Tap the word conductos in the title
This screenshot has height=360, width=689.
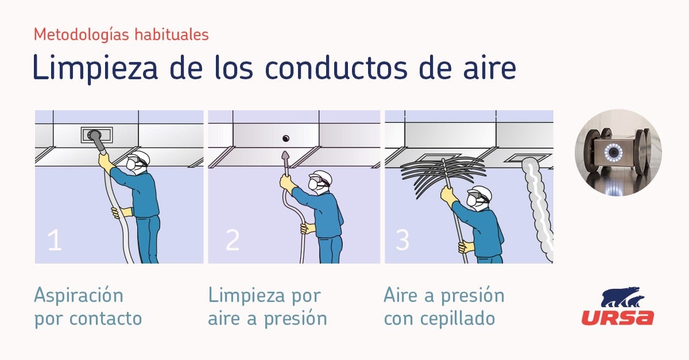336,67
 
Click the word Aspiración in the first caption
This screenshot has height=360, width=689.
79,295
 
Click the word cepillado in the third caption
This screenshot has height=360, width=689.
458,319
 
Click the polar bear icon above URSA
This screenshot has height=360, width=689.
623,297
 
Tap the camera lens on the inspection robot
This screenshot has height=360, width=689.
614,152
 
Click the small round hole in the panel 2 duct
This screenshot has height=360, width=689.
286,138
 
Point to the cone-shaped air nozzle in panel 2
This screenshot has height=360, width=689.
286,157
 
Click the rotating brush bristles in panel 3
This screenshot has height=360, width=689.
442,176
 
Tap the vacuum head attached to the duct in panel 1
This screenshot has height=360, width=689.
95,136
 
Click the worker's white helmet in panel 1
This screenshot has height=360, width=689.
140,156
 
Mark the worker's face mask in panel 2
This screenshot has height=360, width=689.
313,185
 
